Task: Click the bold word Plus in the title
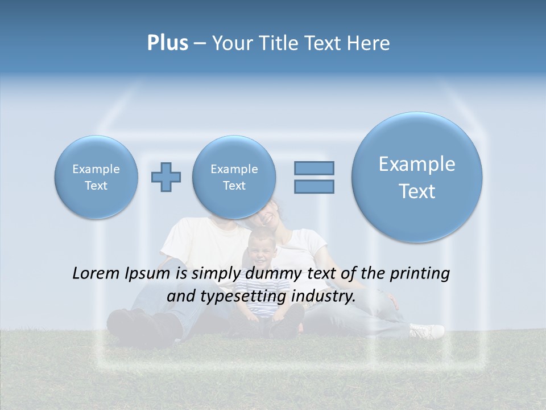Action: click(x=168, y=43)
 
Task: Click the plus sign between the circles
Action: click(x=166, y=177)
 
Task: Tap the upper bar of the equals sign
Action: click(x=314, y=168)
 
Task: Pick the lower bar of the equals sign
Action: click(x=314, y=186)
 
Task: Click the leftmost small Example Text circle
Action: click(x=96, y=177)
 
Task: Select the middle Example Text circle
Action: click(x=234, y=177)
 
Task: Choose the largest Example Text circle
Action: click(x=417, y=177)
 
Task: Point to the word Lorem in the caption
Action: click(x=96, y=274)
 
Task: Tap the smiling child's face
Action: click(x=262, y=248)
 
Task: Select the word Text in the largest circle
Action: click(x=417, y=191)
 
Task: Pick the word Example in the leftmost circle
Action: click(x=96, y=169)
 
